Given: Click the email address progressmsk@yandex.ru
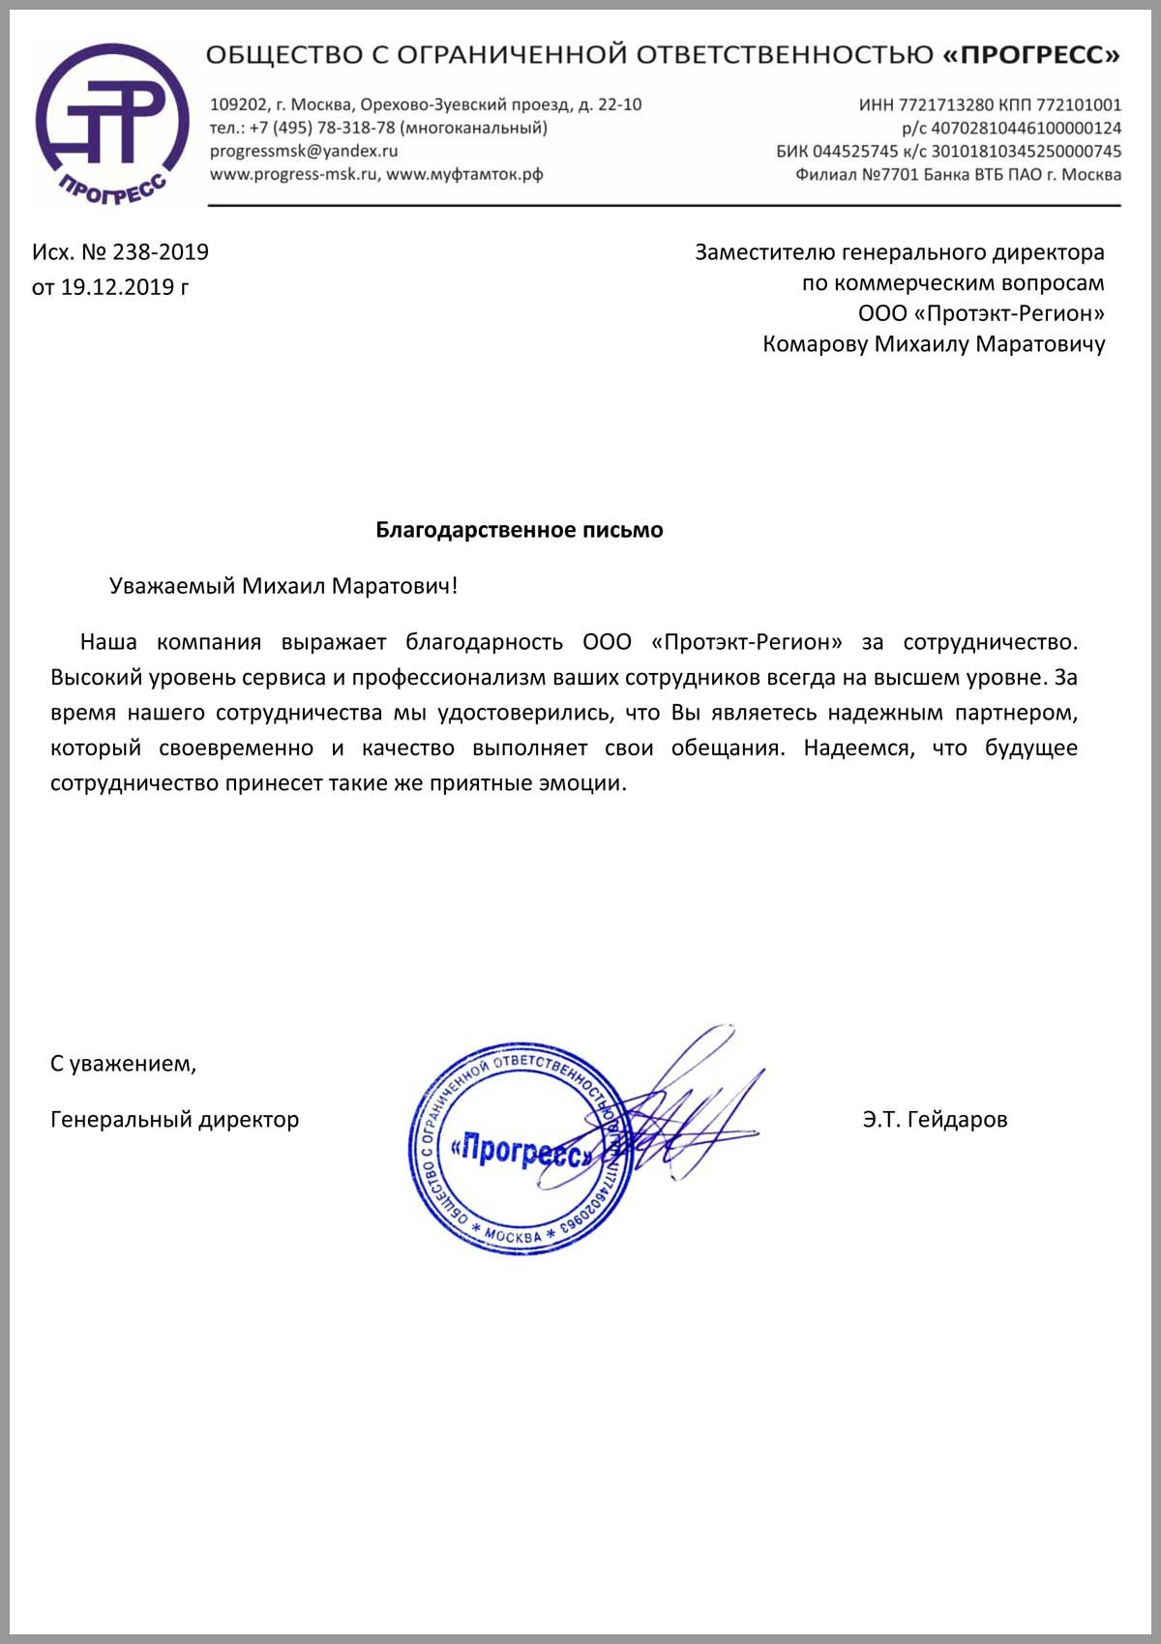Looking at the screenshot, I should tap(304, 151).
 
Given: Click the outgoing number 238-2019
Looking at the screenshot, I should tap(161, 252).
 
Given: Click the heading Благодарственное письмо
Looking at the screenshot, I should tap(519, 530).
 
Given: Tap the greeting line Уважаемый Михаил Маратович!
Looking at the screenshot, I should tap(283, 586).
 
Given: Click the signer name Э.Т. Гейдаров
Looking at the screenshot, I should tap(935, 1120).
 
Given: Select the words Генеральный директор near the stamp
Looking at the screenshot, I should tap(174, 1120).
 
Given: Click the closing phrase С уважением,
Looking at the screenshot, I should tap(123, 1065).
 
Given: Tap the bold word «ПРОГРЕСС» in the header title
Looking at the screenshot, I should tap(1031, 55).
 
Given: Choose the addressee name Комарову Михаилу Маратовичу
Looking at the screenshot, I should tap(933, 344).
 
